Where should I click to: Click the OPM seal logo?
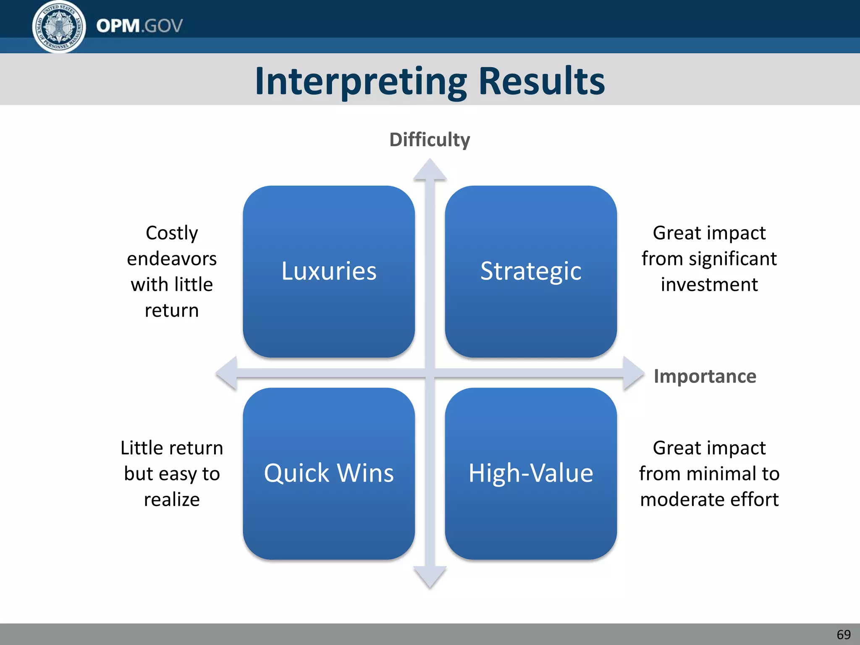pyautogui.click(x=59, y=26)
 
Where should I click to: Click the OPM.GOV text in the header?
pyautogui.click(x=139, y=26)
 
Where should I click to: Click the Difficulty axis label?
pyautogui.click(x=430, y=140)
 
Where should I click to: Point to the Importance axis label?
pyautogui.click(x=705, y=376)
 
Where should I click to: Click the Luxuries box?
pyautogui.click(x=329, y=271)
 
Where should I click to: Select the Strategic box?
pyautogui.click(x=531, y=271)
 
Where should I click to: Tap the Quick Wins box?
pyautogui.click(x=329, y=473)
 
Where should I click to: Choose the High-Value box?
pyautogui.click(x=531, y=473)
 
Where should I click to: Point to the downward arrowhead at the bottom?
pyautogui.click(x=430, y=577)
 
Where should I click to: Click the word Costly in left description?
pyautogui.click(x=172, y=233)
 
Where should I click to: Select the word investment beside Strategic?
pyautogui.click(x=709, y=285)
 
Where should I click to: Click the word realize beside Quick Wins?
pyautogui.click(x=172, y=500)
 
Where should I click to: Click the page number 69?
pyautogui.click(x=843, y=635)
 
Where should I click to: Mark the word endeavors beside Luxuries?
pyautogui.click(x=172, y=259)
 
